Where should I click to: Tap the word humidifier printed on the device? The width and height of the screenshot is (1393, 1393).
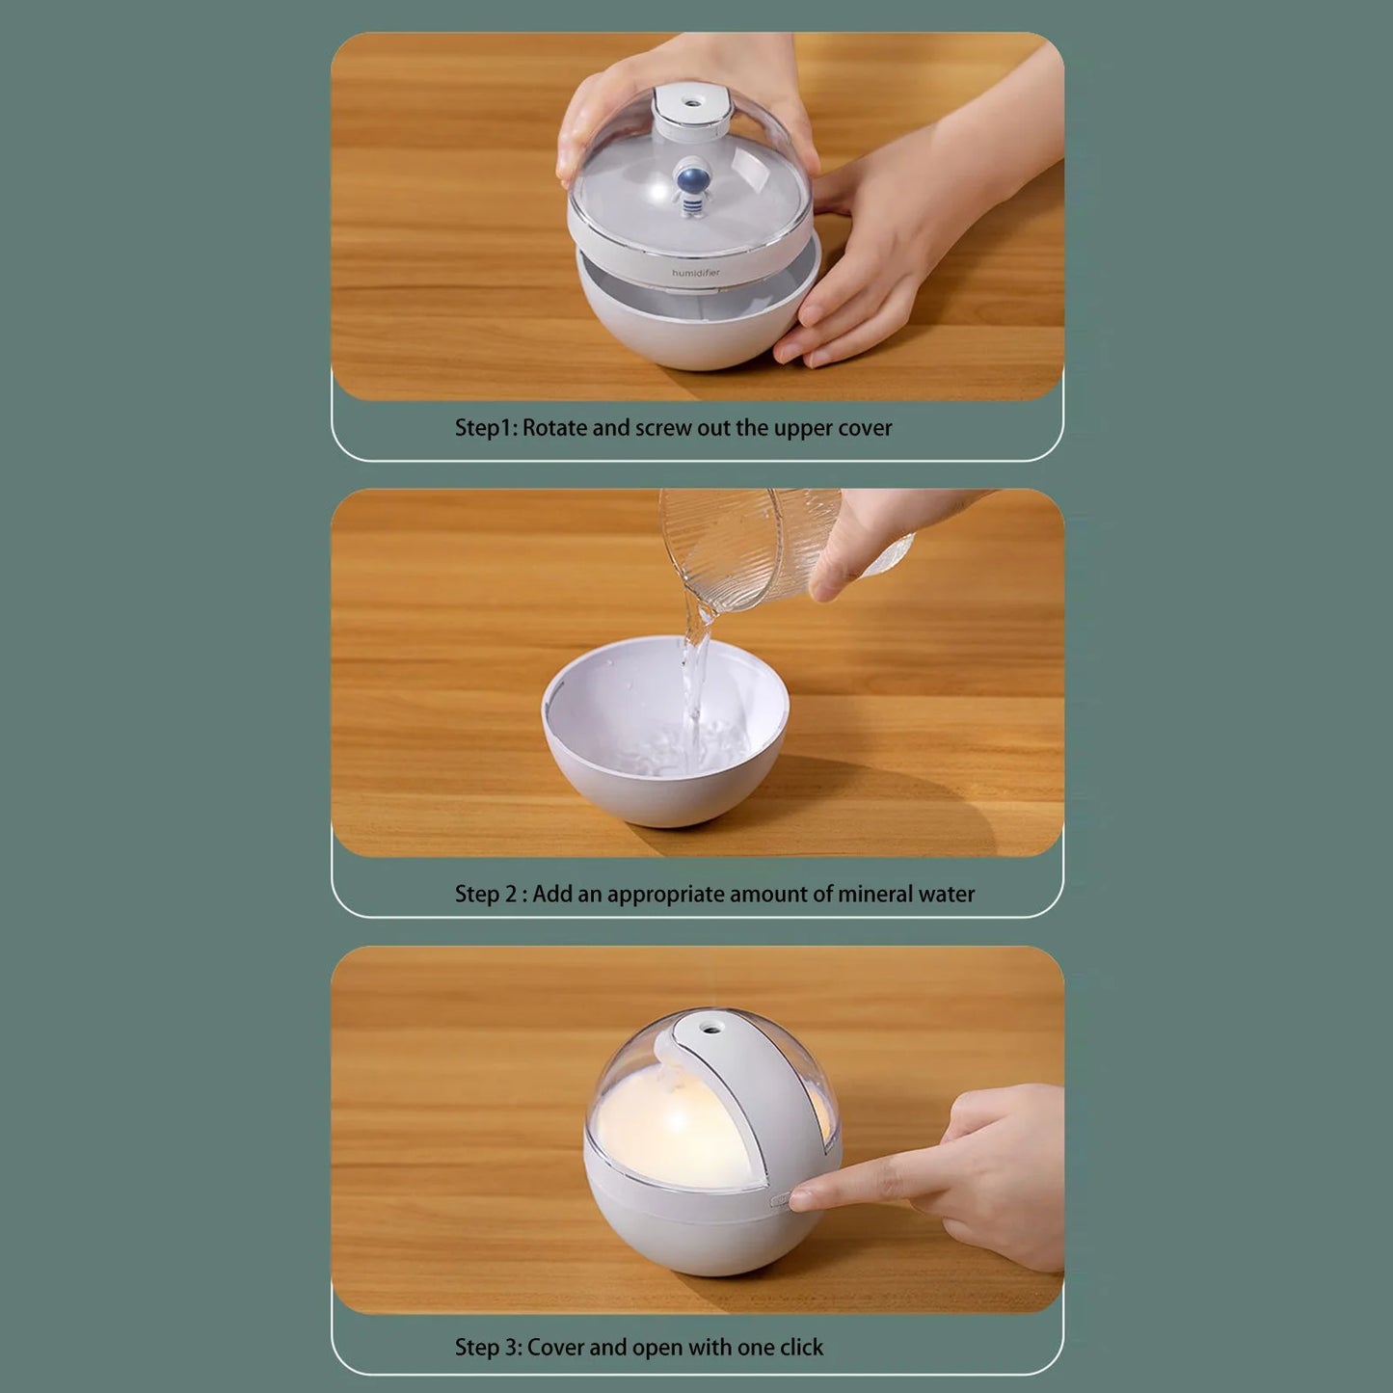click(x=695, y=273)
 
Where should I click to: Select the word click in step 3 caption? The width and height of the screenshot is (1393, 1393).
click(x=801, y=1347)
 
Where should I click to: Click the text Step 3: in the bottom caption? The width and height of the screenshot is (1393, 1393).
click(x=488, y=1348)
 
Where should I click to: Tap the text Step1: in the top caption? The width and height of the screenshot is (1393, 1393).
click(x=487, y=429)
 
